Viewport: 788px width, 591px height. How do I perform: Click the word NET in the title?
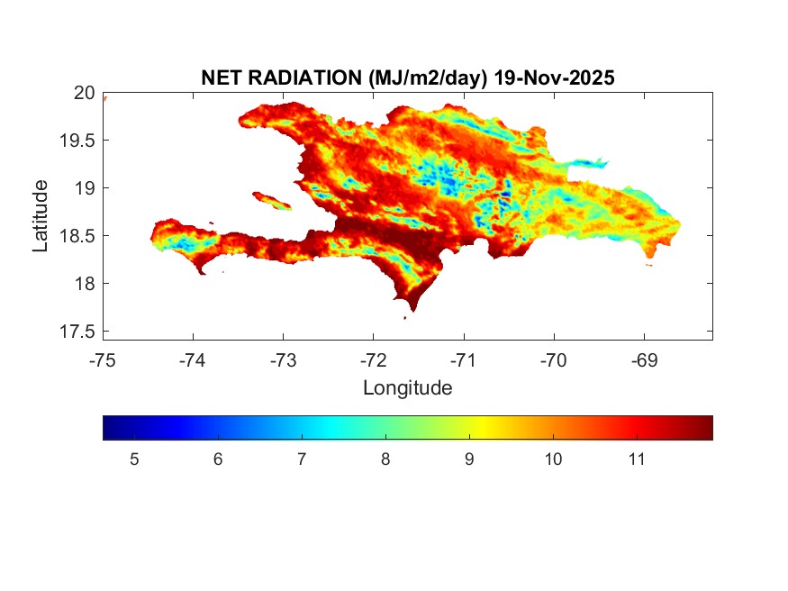pyautogui.click(x=222, y=78)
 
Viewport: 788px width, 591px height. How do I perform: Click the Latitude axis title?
pyautogui.click(x=41, y=215)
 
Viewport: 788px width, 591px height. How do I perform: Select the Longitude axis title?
pyautogui.click(x=407, y=388)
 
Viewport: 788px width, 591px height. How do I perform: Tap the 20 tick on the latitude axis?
pyautogui.click(x=85, y=92)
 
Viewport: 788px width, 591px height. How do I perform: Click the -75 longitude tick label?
pyautogui.click(x=103, y=360)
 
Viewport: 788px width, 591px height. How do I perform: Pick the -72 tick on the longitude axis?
pyautogui.click(x=373, y=360)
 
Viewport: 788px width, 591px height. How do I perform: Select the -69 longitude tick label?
pyautogui.click(x=643, y=360)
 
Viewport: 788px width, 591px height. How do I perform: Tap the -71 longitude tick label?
pyautogui.click(x=463, y=360)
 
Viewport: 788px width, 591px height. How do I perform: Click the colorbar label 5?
pyautogui.click(x=134, y=459)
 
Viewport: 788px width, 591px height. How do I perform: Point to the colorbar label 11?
pyautogui.click(x=637, y=459)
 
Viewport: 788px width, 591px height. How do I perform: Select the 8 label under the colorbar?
pyautogui.click(x=385, y=459)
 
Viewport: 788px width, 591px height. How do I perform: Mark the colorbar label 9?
pyautogui.click(x=469, y=459)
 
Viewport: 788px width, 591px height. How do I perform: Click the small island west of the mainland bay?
pyautogui.click(x=272, y=200)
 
